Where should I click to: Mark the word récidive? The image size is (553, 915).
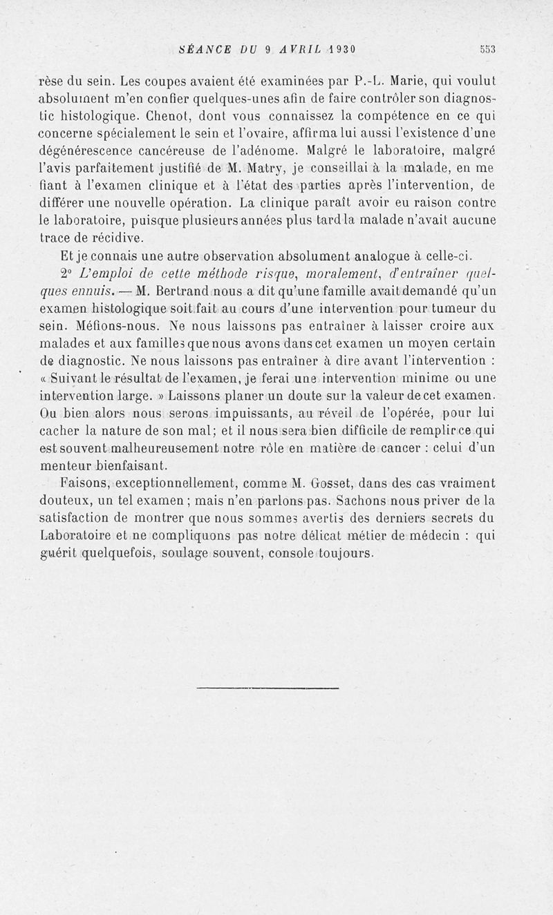pyautogui.click(x=115, y=238)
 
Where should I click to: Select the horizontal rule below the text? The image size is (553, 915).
pyautogui.click(x=268, y=687)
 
